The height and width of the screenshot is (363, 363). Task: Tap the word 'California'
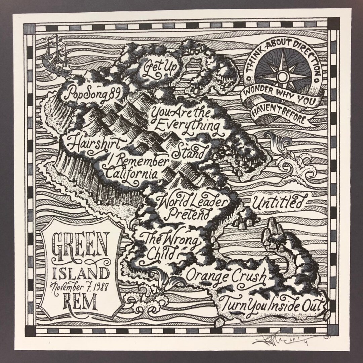(x=131, y=174)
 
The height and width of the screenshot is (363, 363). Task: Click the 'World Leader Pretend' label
(x=192, y=207)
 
